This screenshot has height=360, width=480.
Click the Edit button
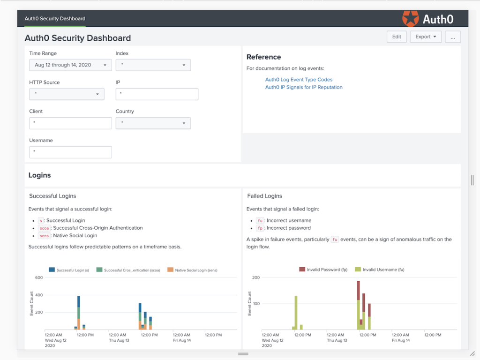click(397, 37)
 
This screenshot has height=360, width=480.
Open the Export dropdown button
click(426, 37)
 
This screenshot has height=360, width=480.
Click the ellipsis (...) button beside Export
click(453, 37)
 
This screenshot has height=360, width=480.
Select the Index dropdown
click(153, 65)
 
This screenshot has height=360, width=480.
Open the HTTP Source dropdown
click(67, 94)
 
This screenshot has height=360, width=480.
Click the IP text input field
click(157, 94)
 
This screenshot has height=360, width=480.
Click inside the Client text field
click(70, 123)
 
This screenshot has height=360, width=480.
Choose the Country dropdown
click(153, 123)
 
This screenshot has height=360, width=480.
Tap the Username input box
click(70, 152)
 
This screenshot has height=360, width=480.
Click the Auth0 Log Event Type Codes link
click(299, 80)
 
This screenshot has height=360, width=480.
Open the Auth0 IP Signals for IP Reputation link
click(304, 87)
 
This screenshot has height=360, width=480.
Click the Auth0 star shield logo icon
click(411, 19)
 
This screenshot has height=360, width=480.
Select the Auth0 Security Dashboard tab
click(55, 19)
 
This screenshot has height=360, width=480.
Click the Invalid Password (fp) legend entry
click(323, 270)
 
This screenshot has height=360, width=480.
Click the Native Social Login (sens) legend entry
click(193, 270)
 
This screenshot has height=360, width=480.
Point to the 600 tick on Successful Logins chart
click(39, 277)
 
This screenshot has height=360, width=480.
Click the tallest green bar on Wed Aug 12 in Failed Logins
click(296, 313)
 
